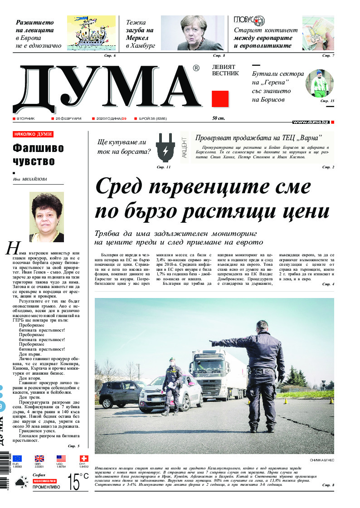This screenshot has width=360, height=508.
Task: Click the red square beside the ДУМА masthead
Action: (x=220, y=99)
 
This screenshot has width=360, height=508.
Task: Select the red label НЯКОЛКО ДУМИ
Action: (x=33, y=135)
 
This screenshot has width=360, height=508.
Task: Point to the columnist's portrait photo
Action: (x=46, y=217)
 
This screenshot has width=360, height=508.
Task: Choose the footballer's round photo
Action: (x=319, y=83)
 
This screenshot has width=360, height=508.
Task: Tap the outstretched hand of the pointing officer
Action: (x=213, y=342)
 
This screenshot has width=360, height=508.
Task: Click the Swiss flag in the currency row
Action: (x=83, y=459)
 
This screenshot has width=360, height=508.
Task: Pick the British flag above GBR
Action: (x=39, y=459)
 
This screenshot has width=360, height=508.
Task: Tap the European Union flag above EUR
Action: (x=17, y=459)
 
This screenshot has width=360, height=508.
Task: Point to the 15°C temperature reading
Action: (x=77, y=482)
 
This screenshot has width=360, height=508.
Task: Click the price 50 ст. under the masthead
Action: (x=219, y=118)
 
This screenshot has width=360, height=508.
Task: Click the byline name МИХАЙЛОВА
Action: (x=36, y=179)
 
